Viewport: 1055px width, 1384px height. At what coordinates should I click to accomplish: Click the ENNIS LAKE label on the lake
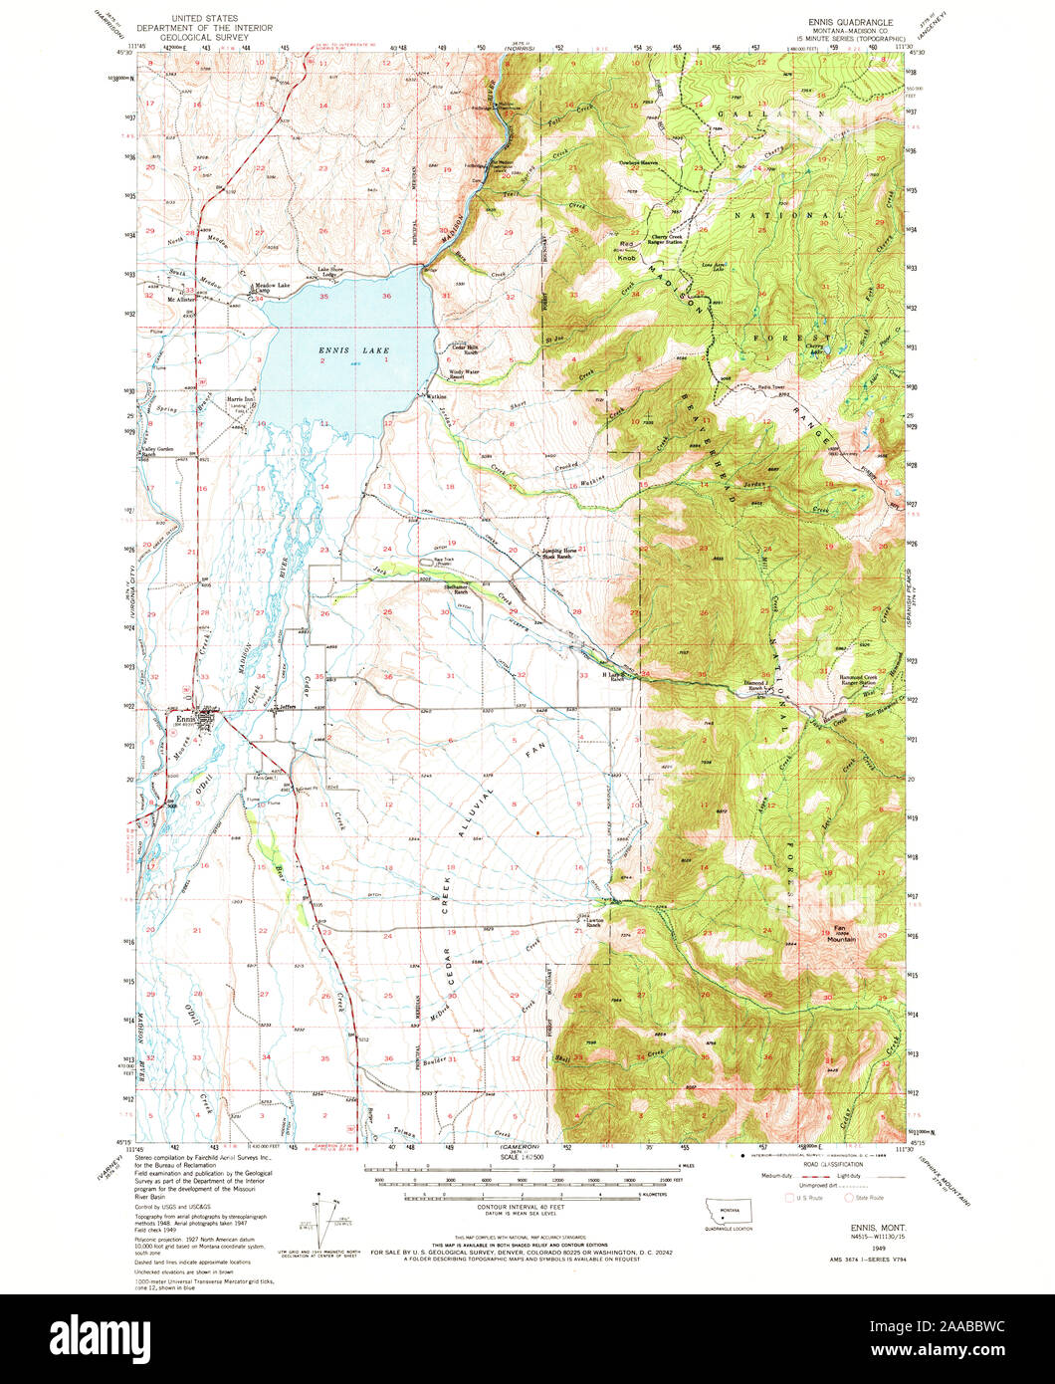click(x=340, y=350)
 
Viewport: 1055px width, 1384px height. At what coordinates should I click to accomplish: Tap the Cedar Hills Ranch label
click(x=469, y=348)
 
